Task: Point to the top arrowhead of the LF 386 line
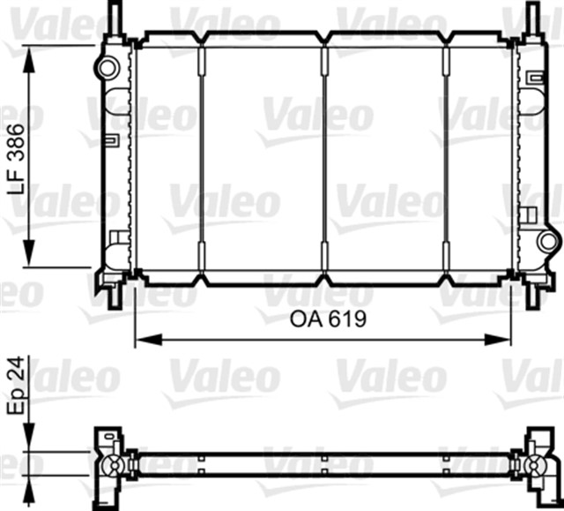coord(33,53)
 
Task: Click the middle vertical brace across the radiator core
coord(325,159)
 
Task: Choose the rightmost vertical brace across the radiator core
coord(448,159)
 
